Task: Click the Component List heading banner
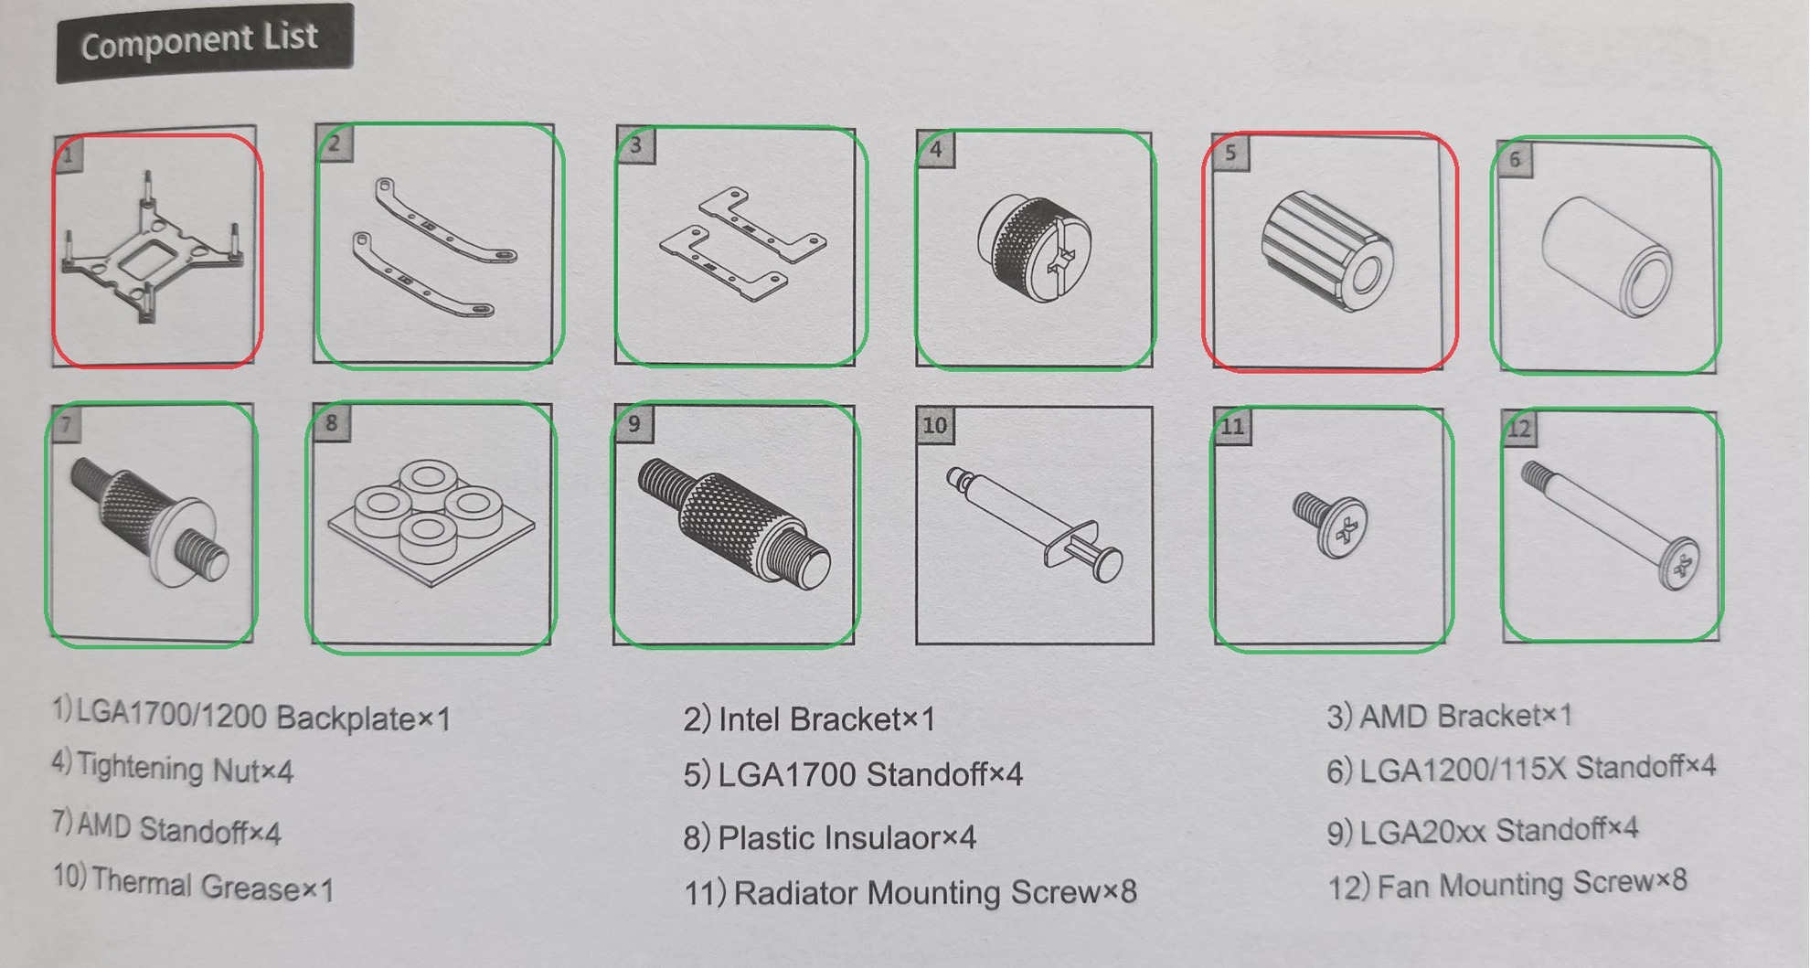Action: pyautogui.click(x=205, y=42)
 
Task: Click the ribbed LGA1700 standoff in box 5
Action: pyautogui.click(x=1327, y=250)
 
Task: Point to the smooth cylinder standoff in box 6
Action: pyautogui.click(x=1607, y=255)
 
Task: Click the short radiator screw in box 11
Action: pyautogui.click(x=1330, y=525)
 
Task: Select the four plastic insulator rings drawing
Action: pyautogui.click(x=431, y=521)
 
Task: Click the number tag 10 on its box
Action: pyautogui.click(x=935, y=425)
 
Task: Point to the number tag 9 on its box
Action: pyautogui.click(x=634, y=423)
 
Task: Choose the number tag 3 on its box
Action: pyautogui.click(x=636, y=144)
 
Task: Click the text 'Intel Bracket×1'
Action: pyautogui.click(x=826, y=719)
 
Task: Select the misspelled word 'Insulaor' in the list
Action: pyautogui.click(x=846, y=837)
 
